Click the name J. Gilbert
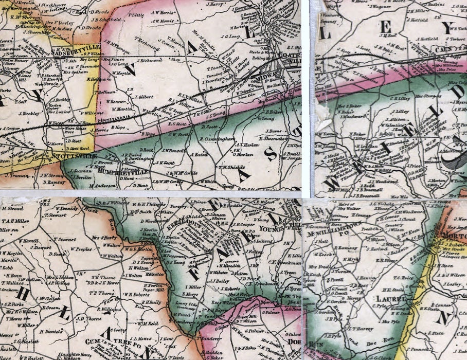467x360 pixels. [145, 96]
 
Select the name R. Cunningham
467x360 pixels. [218, 138]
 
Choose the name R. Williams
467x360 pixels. [109, 310]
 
